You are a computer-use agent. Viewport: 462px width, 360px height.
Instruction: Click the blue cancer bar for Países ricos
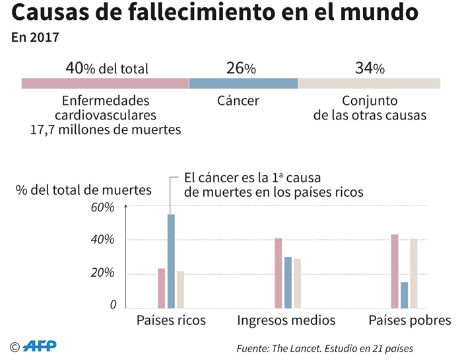[171, 261]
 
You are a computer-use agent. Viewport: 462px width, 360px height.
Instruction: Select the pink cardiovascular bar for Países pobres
[395, 271]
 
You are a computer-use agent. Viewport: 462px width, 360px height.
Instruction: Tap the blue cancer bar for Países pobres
[405, 295]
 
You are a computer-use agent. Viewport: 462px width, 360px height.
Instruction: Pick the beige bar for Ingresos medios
[297, 283]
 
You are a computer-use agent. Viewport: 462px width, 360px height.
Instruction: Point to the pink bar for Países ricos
[161, 288]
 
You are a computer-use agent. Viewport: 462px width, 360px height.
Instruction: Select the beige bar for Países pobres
[414, 273]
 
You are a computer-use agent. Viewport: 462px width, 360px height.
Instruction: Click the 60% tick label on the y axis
[103, 207]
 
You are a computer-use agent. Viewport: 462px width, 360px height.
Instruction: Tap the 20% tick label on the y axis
[103, 273]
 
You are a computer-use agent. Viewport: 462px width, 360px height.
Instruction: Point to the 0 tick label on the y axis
[113, 305]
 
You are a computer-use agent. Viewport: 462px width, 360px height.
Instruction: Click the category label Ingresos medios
[286, 321]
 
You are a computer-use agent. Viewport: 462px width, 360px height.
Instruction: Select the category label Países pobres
[409, 321]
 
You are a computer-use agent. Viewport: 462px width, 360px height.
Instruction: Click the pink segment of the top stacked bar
[105, 83]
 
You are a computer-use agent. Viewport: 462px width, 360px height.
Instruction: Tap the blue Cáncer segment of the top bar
[243, 83]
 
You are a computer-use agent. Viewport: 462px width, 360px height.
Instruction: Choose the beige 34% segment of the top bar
[369, 83]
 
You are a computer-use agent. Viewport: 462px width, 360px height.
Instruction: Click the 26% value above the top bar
[241, 68]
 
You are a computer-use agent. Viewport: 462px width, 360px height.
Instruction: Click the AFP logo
[40, 345]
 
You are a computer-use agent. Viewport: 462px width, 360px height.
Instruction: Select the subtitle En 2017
[35, 38]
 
